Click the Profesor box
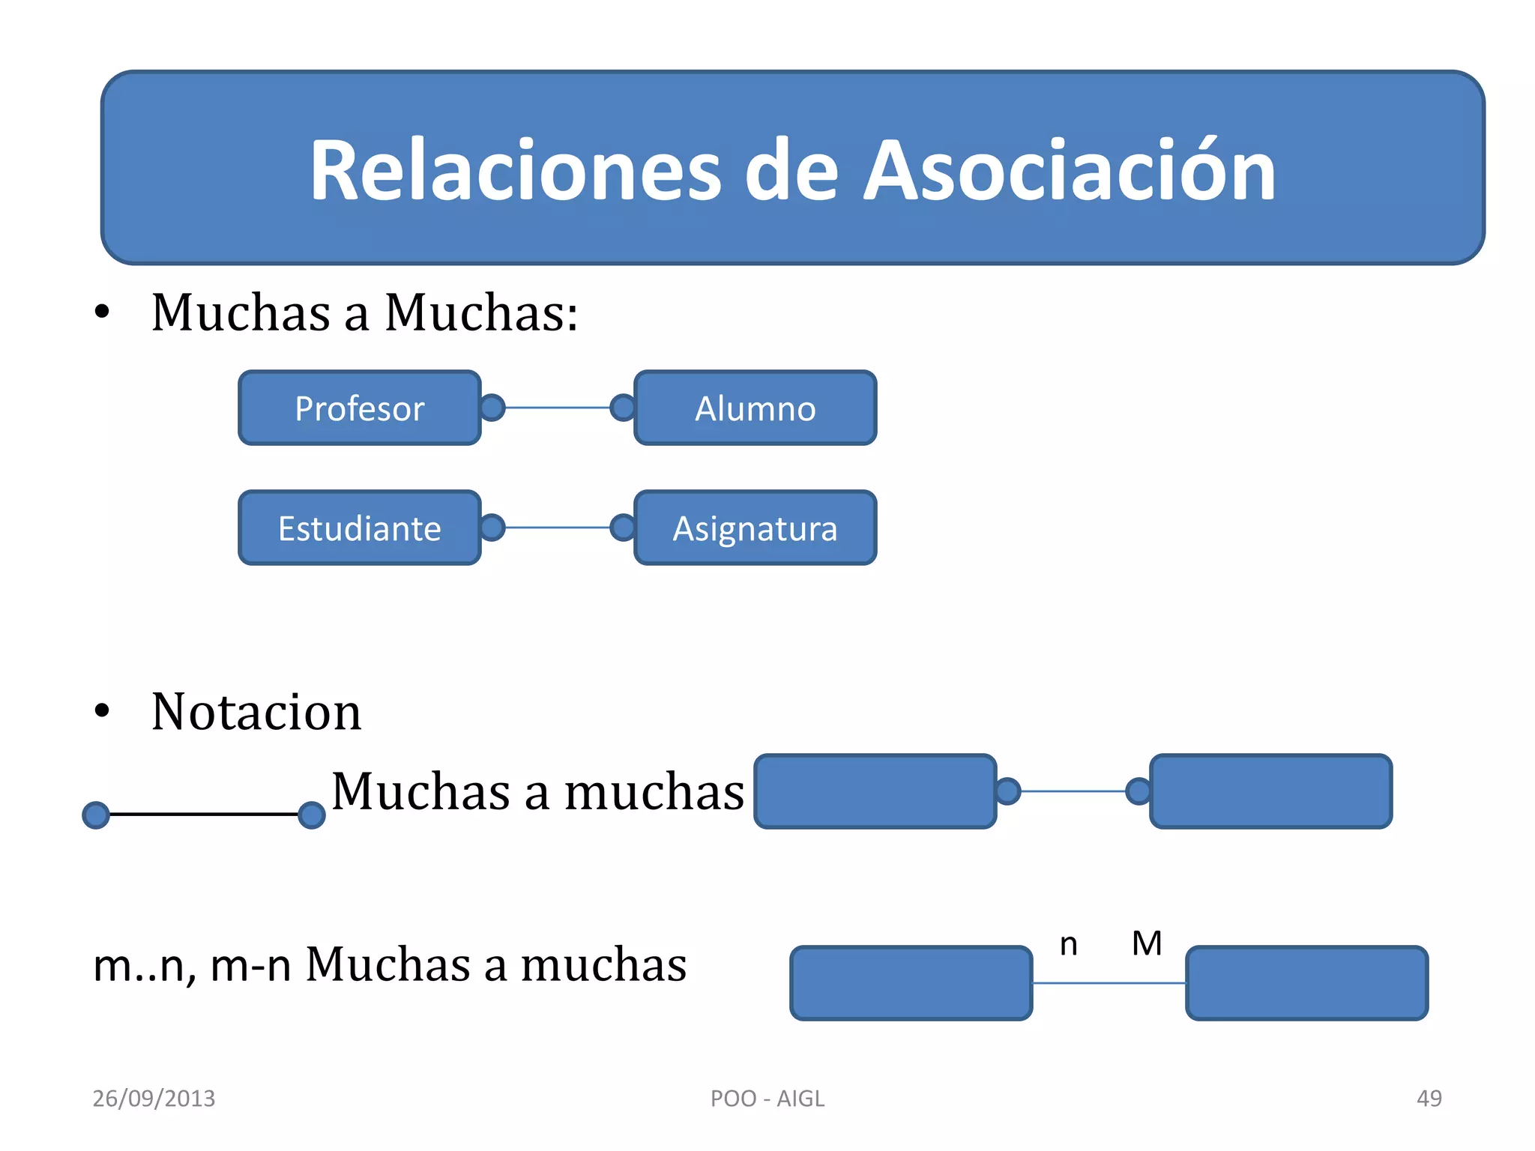[359, 408]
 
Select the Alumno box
[755, 408]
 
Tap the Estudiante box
[359, 528]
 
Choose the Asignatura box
[755, 528]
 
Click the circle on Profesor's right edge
[492, 408]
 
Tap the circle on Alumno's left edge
[623, 408]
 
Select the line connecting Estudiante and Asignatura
[558, 528]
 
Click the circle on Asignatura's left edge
[623, 528]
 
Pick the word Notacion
[256, 712]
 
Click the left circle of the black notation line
[96, 815]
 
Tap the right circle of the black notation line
[312, 815]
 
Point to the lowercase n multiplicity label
[1069, 945]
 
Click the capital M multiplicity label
[1147, 943]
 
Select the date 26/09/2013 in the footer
[154, 1099]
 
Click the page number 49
[1429, 1099]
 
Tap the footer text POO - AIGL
[767, 1099]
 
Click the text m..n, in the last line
[145, 966]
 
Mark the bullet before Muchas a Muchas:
[102, 312]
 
